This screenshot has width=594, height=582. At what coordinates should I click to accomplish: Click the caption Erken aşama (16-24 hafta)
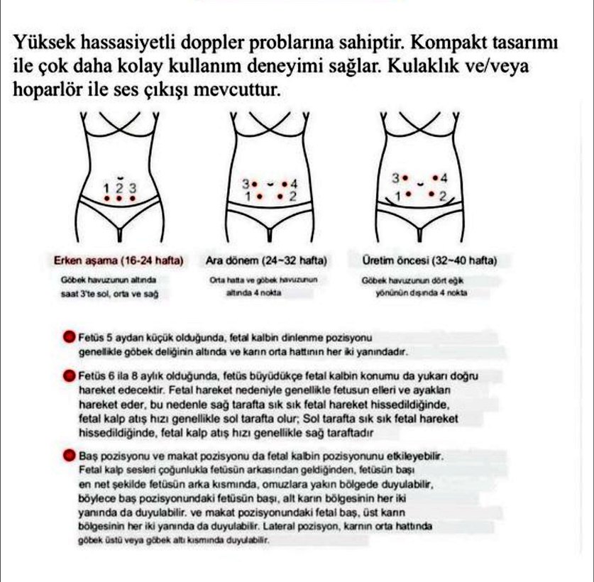click(x=119, y=260)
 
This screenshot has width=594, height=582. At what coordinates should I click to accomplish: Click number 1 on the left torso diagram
click(x=107, y=188)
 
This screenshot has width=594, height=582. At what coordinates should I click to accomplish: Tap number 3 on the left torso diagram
click(x=132, y=188)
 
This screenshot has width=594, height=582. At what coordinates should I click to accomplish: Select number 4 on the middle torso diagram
click(x=293, y=184)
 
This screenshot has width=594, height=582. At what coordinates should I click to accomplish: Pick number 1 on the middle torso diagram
click(x=248, y=195)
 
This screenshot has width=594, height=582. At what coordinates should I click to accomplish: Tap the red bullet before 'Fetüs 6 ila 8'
click(x=69, y=375)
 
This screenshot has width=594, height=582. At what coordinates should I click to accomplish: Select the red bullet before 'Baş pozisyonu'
click(x=69, y=453)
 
